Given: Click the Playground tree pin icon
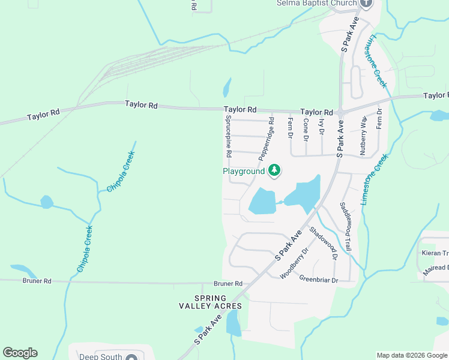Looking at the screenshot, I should pyautogui.click(x=274, y=171).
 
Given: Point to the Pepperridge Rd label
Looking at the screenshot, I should pyautogui.click(x=266, y=139).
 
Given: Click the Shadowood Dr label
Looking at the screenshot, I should pyautogui.click(x=324, y=243).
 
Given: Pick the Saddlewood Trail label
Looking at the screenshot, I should pyautogui.click(x=345, y=226).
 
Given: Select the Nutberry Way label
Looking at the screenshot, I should pyautogui.click(x=363, y=136).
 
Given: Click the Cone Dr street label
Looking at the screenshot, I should pyautogui.click(x=306, y=130).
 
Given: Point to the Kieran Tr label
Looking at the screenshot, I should pyautogui.click(x=435, y=253).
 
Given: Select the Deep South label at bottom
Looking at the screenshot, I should pyautogui.click(x=101, y=356).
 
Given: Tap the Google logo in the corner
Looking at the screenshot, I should pyautogui.click(x=20, y=353).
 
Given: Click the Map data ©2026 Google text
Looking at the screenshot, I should pyautogui.click(x=412, y=356).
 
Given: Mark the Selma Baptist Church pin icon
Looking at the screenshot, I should pyautogui.click(x=367, y=3).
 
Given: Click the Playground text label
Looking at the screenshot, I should pyautogui.click(x=244, y=172).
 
